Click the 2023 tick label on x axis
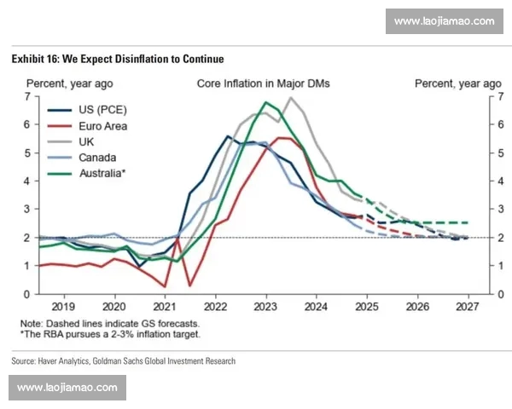265,305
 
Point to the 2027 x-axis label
467,305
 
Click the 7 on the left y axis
27,96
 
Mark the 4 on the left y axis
27,181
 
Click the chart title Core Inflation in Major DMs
264,84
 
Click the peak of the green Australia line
266,102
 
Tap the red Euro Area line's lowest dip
189,285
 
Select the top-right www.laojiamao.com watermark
444,20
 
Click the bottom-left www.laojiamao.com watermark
67,388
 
